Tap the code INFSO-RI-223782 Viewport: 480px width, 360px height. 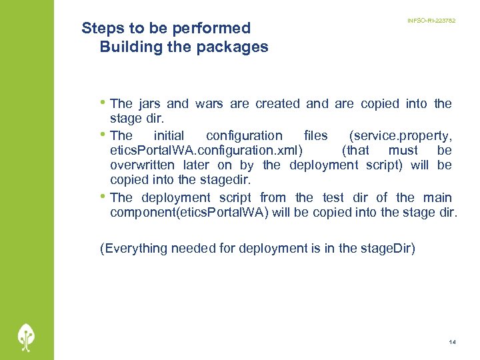[431, 21]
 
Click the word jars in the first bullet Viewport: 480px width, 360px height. [151, 103]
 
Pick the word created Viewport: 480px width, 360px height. [277, 103]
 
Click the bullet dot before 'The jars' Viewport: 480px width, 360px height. [103, 103]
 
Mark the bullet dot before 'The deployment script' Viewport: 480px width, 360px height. [103, 197]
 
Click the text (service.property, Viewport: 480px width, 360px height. [400, 135]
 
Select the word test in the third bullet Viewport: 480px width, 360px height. [333, 197]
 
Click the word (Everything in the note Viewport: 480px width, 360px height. [133, 249]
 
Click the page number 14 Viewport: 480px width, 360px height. [452, 342]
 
